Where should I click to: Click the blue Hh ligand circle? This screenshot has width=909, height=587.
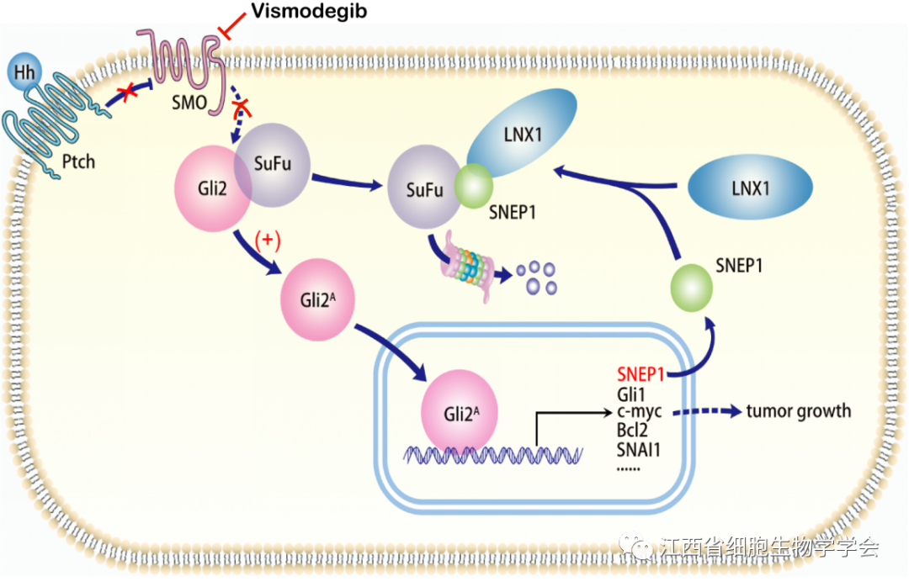click(x=25, y=72)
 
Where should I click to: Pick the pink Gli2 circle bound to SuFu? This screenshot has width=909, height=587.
click(x=208, y=191)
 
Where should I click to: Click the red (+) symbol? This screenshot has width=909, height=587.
click(x=267, y=241)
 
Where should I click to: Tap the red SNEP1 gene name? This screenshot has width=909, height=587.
click(x=641, y=374)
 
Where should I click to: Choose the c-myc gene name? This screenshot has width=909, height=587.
click(x=640, y=412)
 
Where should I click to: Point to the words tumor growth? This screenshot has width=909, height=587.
click(x=799, y=411)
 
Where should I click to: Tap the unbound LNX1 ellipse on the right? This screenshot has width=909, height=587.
click(x=750, y=189)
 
